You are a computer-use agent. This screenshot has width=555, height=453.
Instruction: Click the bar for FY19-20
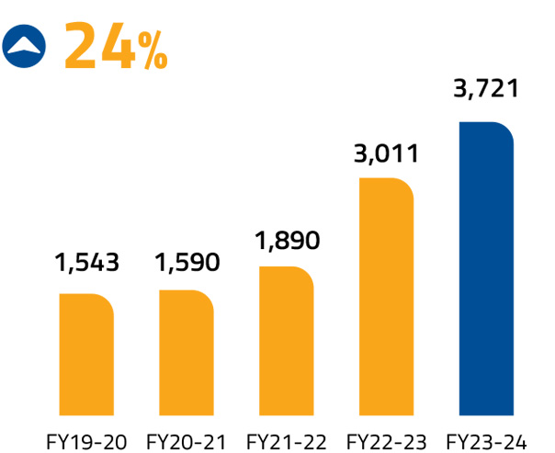point(86,361)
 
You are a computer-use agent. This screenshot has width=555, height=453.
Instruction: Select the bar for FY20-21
point(187,359)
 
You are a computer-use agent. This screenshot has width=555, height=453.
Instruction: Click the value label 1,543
point(87,263)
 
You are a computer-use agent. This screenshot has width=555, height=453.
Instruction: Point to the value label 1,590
point(187,263)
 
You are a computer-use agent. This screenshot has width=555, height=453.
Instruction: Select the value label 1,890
point(287,241)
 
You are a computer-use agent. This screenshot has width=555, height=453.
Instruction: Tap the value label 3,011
point(386,152)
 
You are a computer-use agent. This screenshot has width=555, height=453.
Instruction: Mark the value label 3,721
point(487,89)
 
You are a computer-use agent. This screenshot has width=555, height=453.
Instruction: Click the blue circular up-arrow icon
point(28,44)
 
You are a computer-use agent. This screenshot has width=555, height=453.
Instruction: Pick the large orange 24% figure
point(116,45)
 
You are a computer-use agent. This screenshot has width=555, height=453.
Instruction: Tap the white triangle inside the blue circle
point(28,42)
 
